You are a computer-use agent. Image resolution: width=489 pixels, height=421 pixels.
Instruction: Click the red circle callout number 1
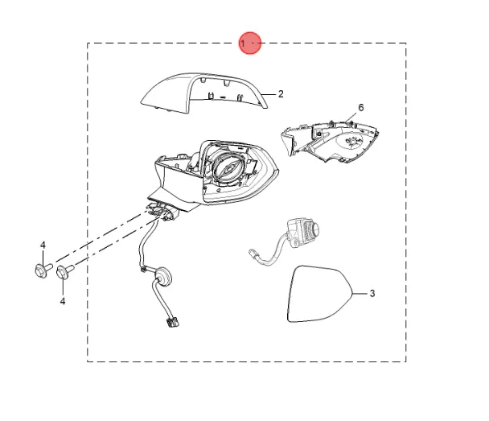250,43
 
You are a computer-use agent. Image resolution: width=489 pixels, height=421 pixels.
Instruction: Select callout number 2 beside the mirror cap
281,94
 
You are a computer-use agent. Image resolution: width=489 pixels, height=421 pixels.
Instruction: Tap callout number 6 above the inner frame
361,108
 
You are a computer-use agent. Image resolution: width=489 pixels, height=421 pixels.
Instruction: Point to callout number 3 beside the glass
372,293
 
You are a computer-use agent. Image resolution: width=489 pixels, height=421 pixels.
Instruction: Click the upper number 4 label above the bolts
43,246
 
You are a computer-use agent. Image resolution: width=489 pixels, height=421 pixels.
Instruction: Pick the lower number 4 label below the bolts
63,301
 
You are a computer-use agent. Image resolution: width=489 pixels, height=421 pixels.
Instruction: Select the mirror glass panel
318,294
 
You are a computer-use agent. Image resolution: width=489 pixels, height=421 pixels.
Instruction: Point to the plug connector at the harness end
172,322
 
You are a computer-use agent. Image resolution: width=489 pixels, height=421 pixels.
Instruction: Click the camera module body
302,233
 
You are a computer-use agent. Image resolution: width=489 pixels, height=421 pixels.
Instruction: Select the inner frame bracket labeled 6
330,141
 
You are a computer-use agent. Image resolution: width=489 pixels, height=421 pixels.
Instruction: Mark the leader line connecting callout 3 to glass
360,294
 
